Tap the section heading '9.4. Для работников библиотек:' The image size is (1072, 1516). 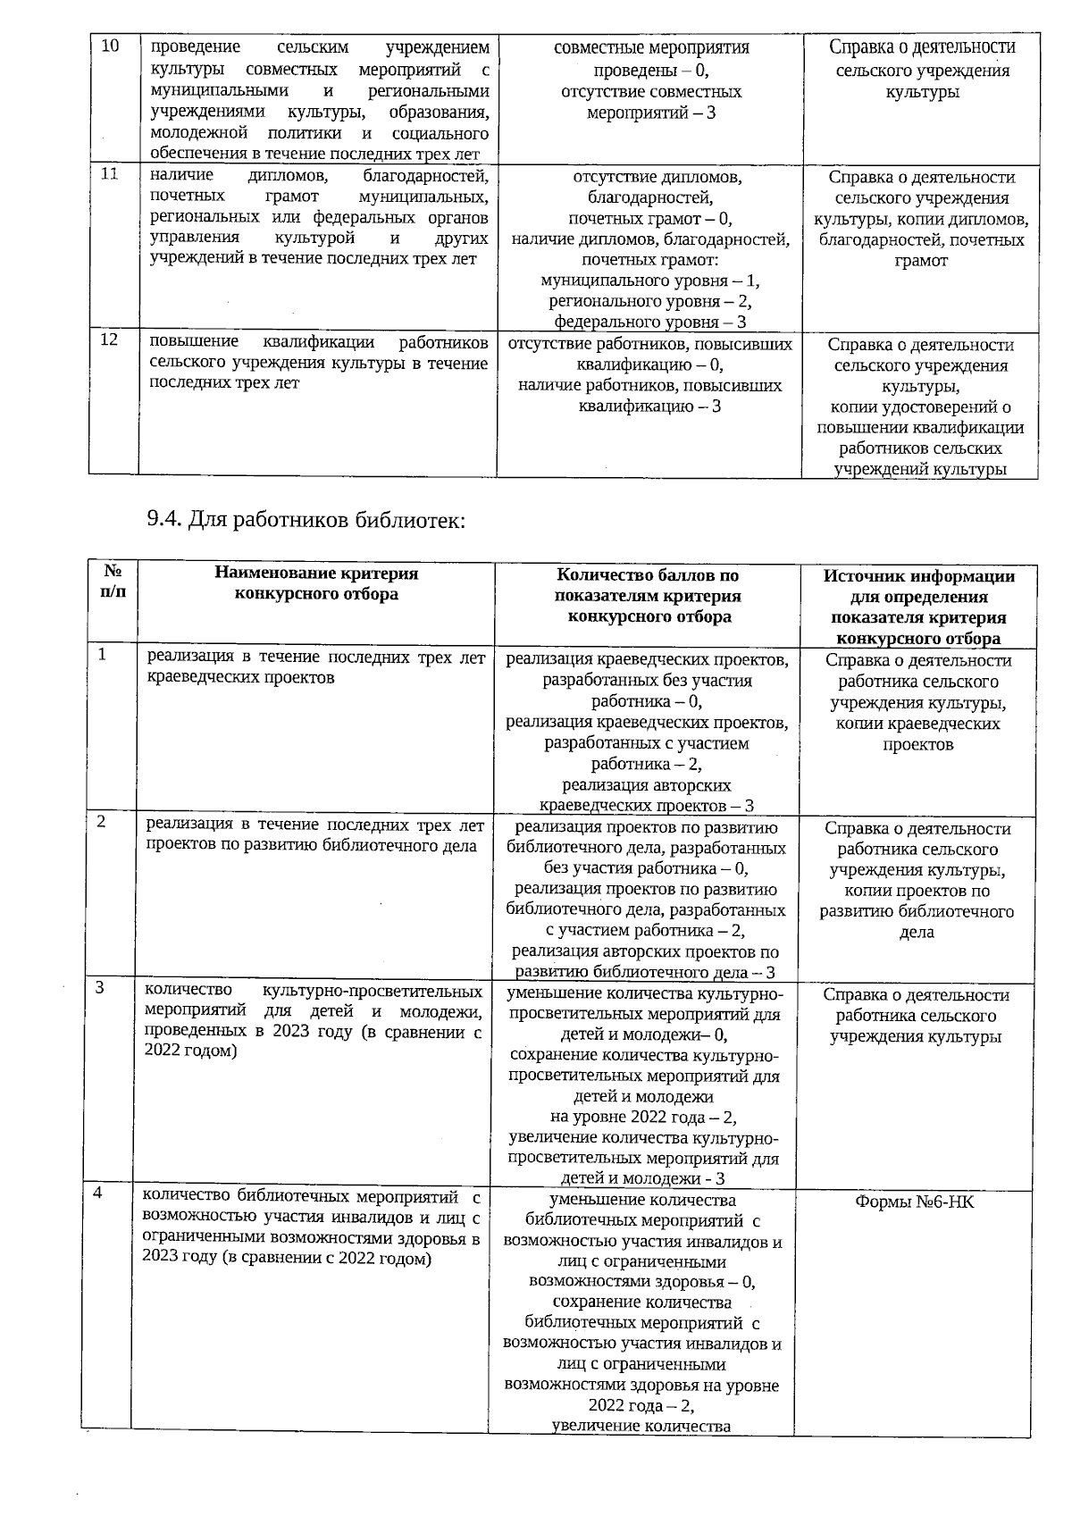point(306,520)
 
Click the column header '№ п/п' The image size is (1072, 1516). point(113,582)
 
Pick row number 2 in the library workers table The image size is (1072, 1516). point(102,821)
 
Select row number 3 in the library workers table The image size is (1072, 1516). point(100,987)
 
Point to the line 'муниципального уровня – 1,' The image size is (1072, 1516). point(649,281)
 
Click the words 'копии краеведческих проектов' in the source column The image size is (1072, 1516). point(918,733)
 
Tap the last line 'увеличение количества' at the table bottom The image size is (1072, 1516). point(641,1426)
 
